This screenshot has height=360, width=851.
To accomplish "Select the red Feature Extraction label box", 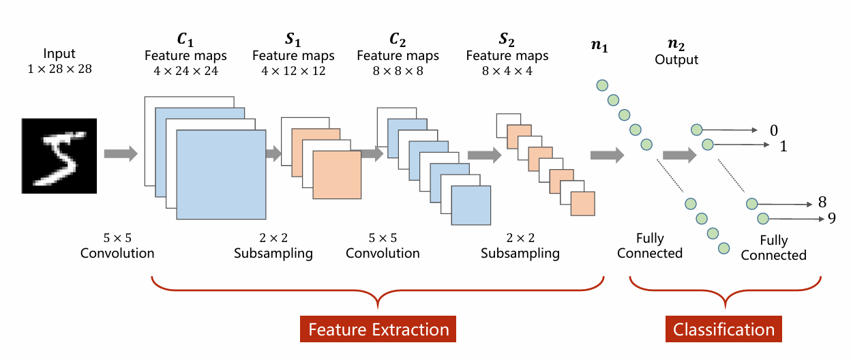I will pos(378,330).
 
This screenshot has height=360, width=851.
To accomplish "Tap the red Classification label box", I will pos(723,330).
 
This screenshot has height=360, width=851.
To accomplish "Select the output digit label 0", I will pos(773,130).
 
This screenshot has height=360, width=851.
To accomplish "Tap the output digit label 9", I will pos(831,218).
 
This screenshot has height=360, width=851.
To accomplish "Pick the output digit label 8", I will pos(822,203).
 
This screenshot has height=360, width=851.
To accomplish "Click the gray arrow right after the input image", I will pos(121,153).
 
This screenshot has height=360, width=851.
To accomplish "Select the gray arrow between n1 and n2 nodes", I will pos(679,155).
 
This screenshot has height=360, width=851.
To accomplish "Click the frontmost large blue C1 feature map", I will pos(221,175).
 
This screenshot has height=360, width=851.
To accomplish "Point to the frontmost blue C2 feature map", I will pos(471,206).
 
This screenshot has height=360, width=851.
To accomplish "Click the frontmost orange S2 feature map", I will pos(583,204).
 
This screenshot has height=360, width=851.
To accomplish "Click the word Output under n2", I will pos(676,60).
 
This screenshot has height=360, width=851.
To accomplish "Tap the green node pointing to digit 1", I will pos(707,145).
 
